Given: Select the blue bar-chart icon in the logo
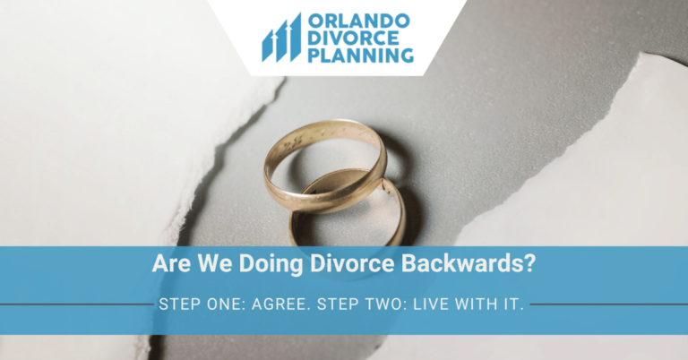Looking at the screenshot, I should pos(280,39).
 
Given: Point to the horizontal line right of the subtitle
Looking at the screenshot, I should pos(609,304).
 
